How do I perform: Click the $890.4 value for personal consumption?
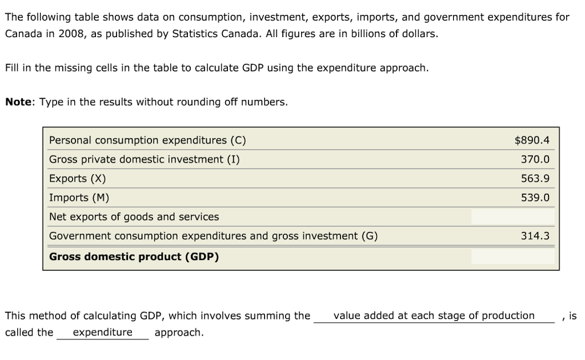click(532, 140)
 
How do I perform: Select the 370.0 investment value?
click(535, 159)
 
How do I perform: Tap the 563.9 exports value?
click(535, 178)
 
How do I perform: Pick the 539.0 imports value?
click(535, 198)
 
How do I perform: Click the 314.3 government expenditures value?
click(535, 236)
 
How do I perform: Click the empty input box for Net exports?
click(512, 217)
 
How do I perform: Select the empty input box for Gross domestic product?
click(512, 257)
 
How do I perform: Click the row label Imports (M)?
click(79, 198)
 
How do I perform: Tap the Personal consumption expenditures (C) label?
click(147, 140)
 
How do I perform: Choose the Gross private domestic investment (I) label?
click(145, 159)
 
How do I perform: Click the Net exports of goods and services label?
click(134, 217)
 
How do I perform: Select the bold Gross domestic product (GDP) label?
click(134, 257)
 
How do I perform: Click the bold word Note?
click(19, 102)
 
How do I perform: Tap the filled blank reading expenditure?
click(102, 332)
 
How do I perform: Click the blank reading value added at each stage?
click(434, 315)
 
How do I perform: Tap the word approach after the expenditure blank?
click(178, 332)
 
